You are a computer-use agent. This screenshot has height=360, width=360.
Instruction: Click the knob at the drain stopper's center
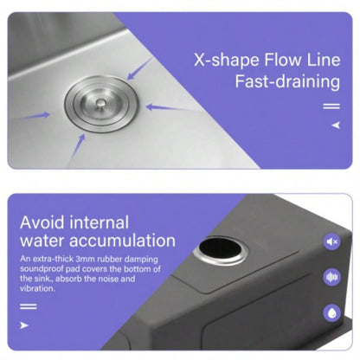click(x=100, y=104)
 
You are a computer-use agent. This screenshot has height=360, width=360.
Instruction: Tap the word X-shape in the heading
click(x=227, y=61)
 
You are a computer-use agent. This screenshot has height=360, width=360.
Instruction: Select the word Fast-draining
click(x=287, y=81)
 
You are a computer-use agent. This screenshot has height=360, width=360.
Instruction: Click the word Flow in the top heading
click(x=282, y=60)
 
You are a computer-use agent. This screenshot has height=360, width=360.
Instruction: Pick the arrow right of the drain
click(x=169, y=108)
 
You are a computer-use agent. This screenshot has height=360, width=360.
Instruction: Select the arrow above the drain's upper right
click(x=140, y=68)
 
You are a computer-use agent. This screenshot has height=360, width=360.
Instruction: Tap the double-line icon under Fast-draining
click(x=331, y=106)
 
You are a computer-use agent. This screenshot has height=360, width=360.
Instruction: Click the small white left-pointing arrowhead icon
click(x=336, y=125)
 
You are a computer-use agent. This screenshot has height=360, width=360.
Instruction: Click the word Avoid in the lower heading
click(x=42, y=222)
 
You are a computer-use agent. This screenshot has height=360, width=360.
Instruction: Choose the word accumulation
click(x=122, y=241)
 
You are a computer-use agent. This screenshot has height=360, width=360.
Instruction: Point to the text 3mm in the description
click(x=85, y=259)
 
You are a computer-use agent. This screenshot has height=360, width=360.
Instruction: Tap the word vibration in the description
click(x=37, y=288)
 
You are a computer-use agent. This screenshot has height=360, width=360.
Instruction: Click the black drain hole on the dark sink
click(x=221, y=248)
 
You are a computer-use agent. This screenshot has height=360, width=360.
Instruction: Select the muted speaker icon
click(x=332, y=241)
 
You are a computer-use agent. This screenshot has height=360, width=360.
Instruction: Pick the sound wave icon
click(x=332, y=277)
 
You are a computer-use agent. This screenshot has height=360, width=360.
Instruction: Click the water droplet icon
click(x=332, y=313)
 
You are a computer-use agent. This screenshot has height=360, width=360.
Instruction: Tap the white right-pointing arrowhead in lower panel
click(x=24, y=325)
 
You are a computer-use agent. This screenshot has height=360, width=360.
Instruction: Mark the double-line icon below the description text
click(x=29, y=306)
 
